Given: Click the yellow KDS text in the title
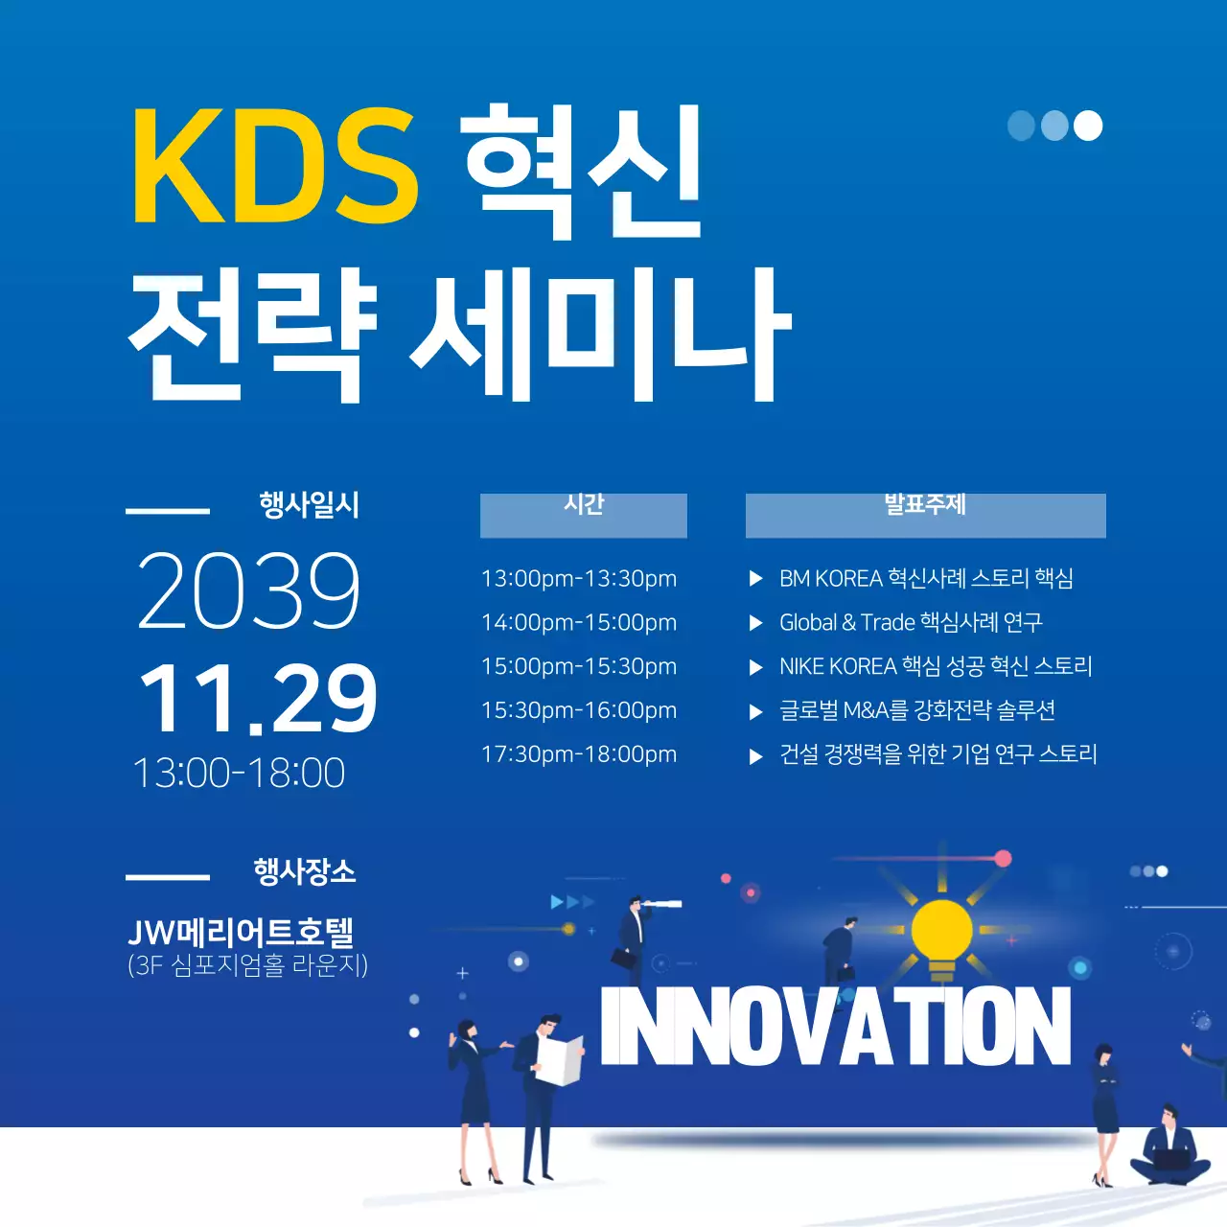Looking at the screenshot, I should tap(274, 167).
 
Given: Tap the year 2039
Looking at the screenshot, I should tap(249, 590).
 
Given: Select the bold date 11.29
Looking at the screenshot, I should tap(258, 698).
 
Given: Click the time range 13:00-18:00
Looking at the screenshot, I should tap(239, 773).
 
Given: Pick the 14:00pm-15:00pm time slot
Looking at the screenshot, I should tap(579, 623).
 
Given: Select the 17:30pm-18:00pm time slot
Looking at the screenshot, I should tap(579, 754).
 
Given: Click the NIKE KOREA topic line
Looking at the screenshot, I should tap(936, 666).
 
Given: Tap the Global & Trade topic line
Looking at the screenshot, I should tap(911, 623).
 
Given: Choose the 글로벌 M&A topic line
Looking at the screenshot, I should tap(917, 710).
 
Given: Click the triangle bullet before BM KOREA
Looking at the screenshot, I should tap(755, 579).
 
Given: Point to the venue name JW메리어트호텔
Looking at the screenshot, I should tap(241, 932).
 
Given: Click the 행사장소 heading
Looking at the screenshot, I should tap(305, 871).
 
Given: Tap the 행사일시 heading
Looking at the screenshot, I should tap(309, 505).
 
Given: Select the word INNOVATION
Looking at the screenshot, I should tap(835, 1027).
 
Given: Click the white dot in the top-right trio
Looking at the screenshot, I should tap(1087, 126).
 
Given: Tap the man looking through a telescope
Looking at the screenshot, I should tap(634, 934).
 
